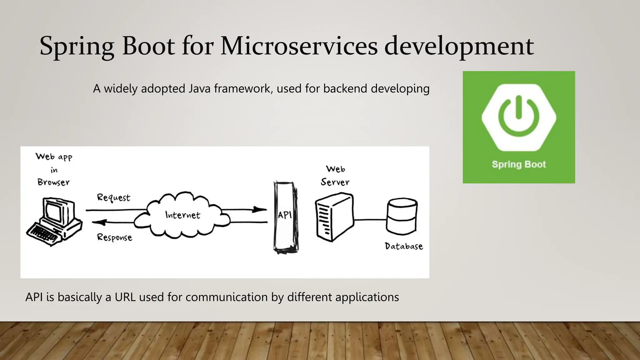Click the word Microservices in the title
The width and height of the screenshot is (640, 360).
(299, 46)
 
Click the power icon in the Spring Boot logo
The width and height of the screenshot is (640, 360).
(519, 117)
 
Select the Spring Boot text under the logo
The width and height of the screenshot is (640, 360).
(519, 164)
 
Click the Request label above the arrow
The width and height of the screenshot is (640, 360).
(113, 197)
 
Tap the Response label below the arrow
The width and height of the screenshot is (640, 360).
(114, 237)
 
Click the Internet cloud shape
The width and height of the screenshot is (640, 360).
(182, 215)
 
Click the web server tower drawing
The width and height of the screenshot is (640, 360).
(334, 217)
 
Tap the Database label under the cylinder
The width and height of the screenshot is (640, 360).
(404, 246)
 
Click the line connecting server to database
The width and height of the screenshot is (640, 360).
(370, 220)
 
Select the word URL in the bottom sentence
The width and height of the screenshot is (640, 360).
(125, 297)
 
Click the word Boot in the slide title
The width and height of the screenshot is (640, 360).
(148, 46)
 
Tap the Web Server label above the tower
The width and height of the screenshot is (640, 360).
(335, 176)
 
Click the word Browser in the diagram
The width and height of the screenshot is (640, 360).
(53, 182)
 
